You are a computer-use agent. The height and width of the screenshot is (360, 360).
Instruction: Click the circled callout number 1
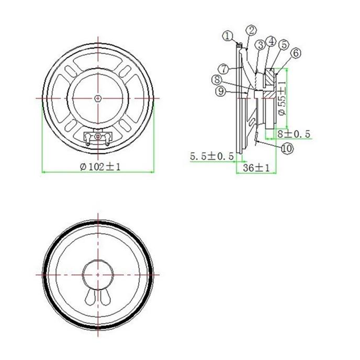[x=228, y=36]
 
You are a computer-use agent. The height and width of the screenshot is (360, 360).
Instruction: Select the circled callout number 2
[x=251, y=30]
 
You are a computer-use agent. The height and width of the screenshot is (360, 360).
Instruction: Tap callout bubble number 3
[x=261, y=45]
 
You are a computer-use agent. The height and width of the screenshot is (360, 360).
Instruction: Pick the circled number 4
[x=271, y=41]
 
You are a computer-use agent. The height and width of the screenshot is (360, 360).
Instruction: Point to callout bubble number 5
[x=284, y=44]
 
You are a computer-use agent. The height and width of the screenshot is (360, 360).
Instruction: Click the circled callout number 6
[x=296, y=53]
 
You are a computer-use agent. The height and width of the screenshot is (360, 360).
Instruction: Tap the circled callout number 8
[x=217, y=80]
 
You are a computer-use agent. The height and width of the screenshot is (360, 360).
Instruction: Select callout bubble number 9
[x=221, y=92]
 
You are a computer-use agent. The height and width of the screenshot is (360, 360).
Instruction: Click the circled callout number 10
[x=287, y=149]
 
